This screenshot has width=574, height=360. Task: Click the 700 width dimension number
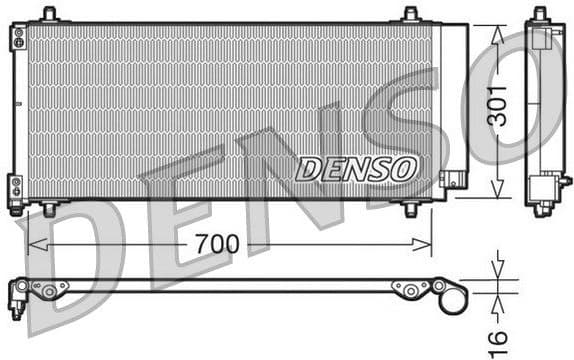coord(217,244)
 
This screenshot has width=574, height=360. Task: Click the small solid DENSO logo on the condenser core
coord(356,168)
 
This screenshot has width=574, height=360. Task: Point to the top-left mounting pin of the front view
coord(49,14)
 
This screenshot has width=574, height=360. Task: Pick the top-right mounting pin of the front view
coord(410,14)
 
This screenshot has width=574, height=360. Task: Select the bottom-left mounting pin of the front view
coord(49,209)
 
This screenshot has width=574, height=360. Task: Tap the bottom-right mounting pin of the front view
coord(410,209)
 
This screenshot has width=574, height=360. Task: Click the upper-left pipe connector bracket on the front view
coord(17,38)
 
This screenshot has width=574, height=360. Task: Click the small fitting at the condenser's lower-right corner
coord(453,181)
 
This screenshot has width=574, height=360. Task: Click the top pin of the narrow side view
coord(540,13)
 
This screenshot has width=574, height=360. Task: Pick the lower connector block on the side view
coord(542,188)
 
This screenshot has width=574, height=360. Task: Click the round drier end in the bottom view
coord(452,297)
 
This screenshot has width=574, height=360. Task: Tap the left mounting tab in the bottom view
coord(48,288)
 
